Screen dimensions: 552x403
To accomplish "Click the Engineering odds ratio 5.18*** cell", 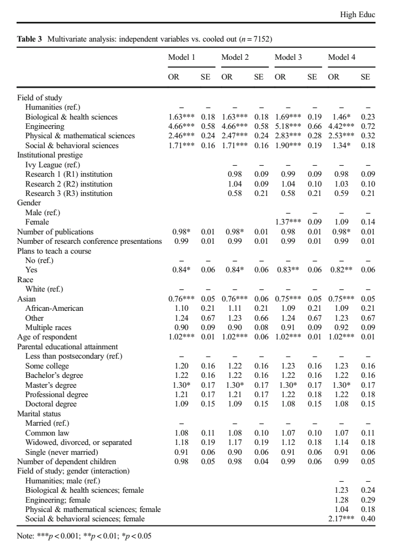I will [x=289, y=126].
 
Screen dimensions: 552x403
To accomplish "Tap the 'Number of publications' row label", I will [x=56, y=232].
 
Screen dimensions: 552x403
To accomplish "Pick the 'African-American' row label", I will [x=55, y=309].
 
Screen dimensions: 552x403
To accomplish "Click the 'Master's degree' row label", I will [x=51, y=385].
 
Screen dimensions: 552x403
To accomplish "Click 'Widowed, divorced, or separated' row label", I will [x=78, y=443].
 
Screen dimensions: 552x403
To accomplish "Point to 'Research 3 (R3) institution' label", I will [x=69, y=193].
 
